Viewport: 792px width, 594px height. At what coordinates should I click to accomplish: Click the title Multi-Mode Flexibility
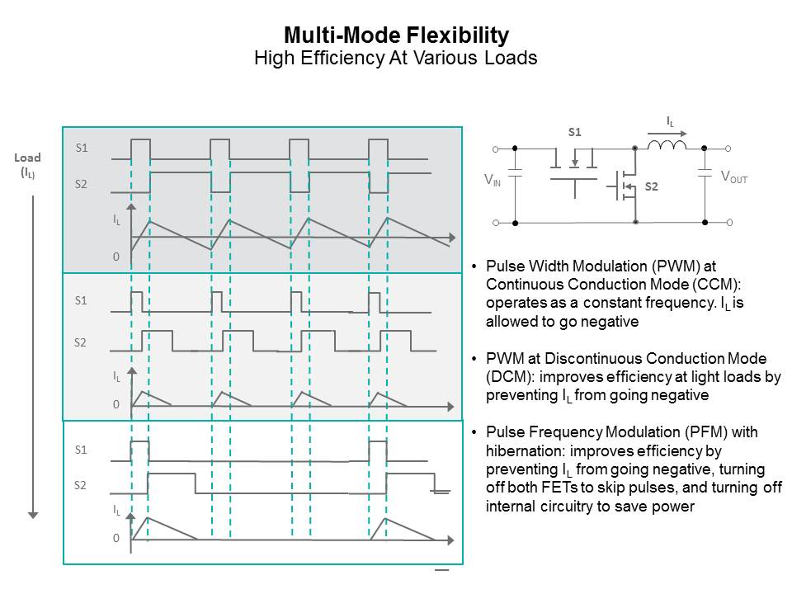click(396, 35)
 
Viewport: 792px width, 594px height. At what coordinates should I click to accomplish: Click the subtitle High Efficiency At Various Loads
click(396, 58)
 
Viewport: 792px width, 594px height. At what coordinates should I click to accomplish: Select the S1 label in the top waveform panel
click(82, 148)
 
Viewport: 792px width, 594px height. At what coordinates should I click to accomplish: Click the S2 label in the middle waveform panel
click(81, 342)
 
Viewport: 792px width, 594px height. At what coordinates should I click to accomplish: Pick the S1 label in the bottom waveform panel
click(81, 450)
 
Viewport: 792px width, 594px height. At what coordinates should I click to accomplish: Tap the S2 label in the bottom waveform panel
click(81, 485)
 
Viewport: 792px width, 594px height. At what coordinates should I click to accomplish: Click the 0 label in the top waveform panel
click(116, 257)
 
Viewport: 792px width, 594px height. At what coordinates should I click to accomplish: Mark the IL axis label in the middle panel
click(117, 376)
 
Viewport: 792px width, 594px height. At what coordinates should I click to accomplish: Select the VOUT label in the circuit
click(733, 177)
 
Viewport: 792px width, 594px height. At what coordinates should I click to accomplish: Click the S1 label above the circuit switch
click(574, 132)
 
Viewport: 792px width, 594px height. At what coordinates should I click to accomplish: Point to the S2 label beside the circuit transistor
click(652, 187)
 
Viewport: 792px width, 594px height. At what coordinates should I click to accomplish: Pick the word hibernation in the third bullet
click(526, 451)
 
